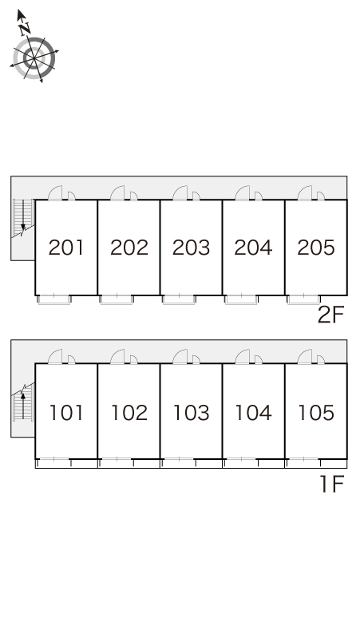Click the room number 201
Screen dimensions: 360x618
click(x=65, y=248)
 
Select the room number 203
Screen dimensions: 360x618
click(x=191, y=248)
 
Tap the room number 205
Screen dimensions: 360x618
click(x=316, y=248)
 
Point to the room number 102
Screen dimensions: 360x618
click(x=129, y=413)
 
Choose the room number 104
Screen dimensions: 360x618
click(x=253, y=413)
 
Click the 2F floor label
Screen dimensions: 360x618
click(x=330, y=315)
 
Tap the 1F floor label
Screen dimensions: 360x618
click(x=332, y=484)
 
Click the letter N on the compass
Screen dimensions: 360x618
click(x=26, y=29)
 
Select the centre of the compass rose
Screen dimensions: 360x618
click(x=34, y=58)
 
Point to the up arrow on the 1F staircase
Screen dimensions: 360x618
click(x=23, y=405)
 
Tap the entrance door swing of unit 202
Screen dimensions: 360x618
click(x=117, y=193)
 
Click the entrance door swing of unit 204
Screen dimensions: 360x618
click(x=242, y=193)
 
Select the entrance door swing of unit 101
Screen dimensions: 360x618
click(x=55, y=357)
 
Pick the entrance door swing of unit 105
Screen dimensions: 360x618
click(x=304, y=357)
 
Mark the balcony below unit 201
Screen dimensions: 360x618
click(x=54, y=299)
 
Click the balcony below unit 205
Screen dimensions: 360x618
click(x=303, y=299)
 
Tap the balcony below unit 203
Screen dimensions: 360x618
click(x=179, y=299)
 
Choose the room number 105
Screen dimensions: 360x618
click(x=316, y=413)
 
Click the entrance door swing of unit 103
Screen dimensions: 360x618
click(x=180, y=357)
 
